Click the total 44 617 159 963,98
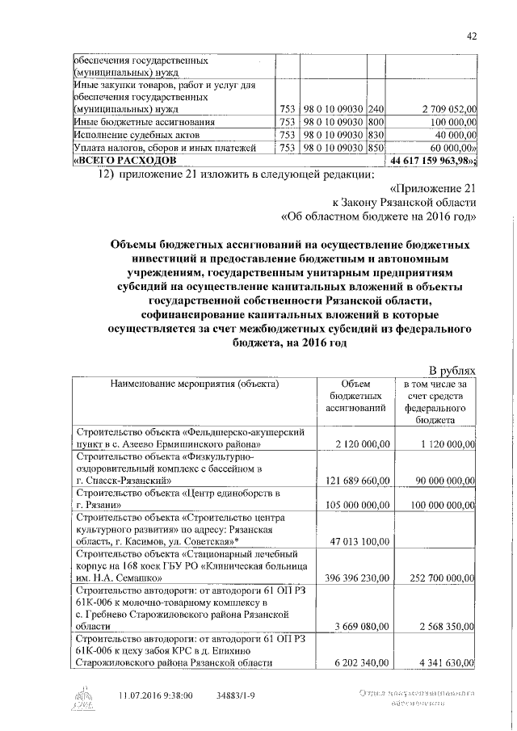coord(433,161)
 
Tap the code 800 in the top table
coord(375,122)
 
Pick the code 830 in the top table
coord(375,135)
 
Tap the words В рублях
coord(450,370)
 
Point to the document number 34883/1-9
coord(241,694)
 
